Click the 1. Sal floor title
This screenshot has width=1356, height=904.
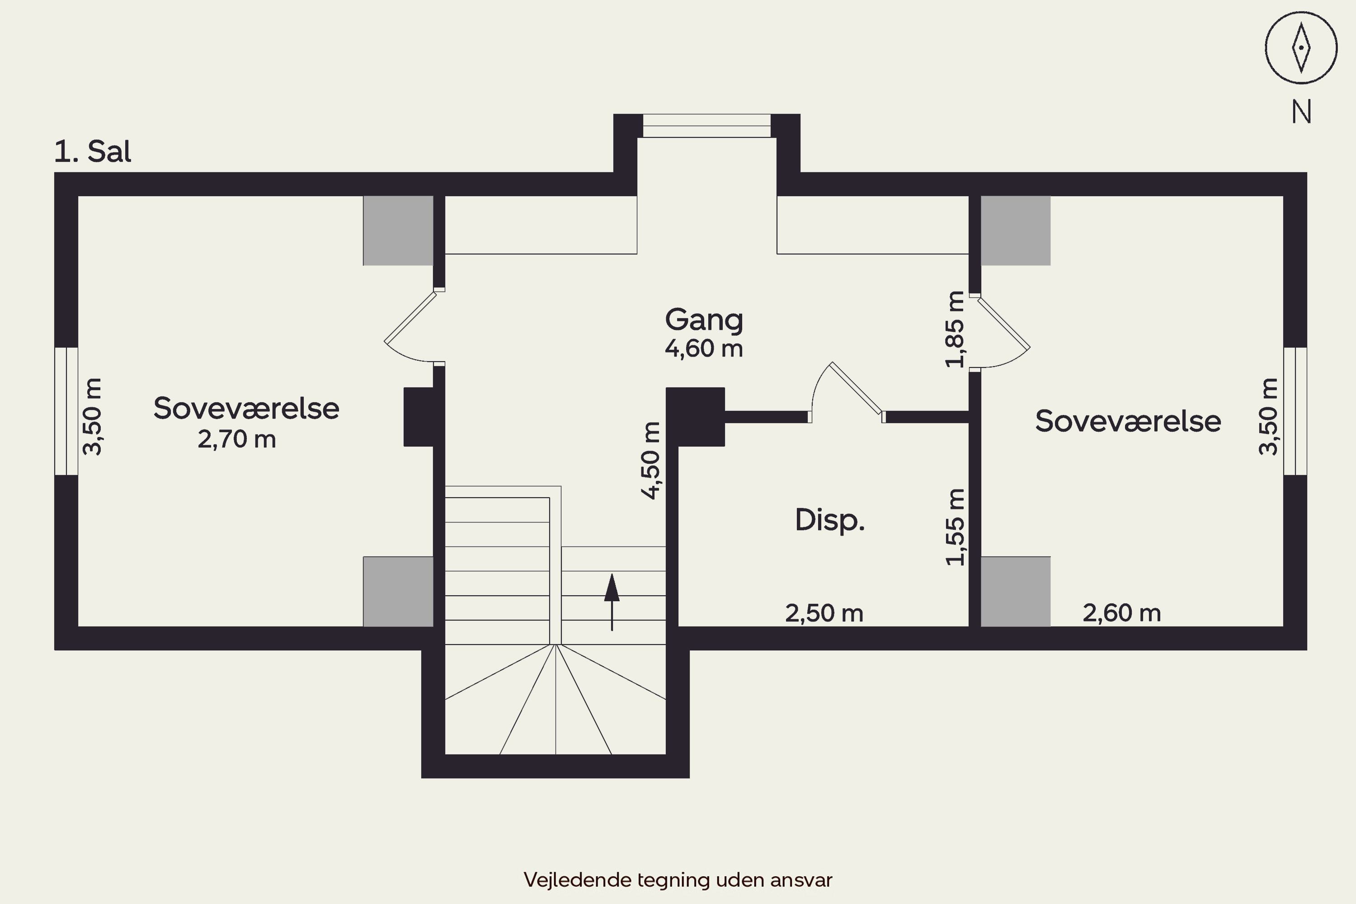(93, 151)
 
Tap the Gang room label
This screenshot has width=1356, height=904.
(704, 320)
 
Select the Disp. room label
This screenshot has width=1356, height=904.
(829, 520)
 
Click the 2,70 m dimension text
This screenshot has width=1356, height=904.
(237, 439)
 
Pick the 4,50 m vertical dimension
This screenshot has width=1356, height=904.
(650, 460)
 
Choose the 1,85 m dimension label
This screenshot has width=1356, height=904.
(955, 329)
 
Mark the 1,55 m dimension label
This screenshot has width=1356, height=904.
(955, 527)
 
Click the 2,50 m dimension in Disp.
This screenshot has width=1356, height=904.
(824, 613)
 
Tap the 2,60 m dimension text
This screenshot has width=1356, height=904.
(1122, 613)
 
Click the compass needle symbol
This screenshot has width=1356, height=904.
(1301, 48)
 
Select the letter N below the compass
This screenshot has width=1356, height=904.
(1301, 112)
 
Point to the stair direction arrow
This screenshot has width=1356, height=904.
(612, 602)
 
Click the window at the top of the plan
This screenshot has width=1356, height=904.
(707, 126)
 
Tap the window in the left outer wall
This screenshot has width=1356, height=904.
(66, 411)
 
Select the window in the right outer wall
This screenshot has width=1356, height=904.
(1295, 411)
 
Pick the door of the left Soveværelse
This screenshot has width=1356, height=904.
(410, 317)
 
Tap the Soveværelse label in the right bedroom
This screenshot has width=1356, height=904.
(1128, 421)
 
